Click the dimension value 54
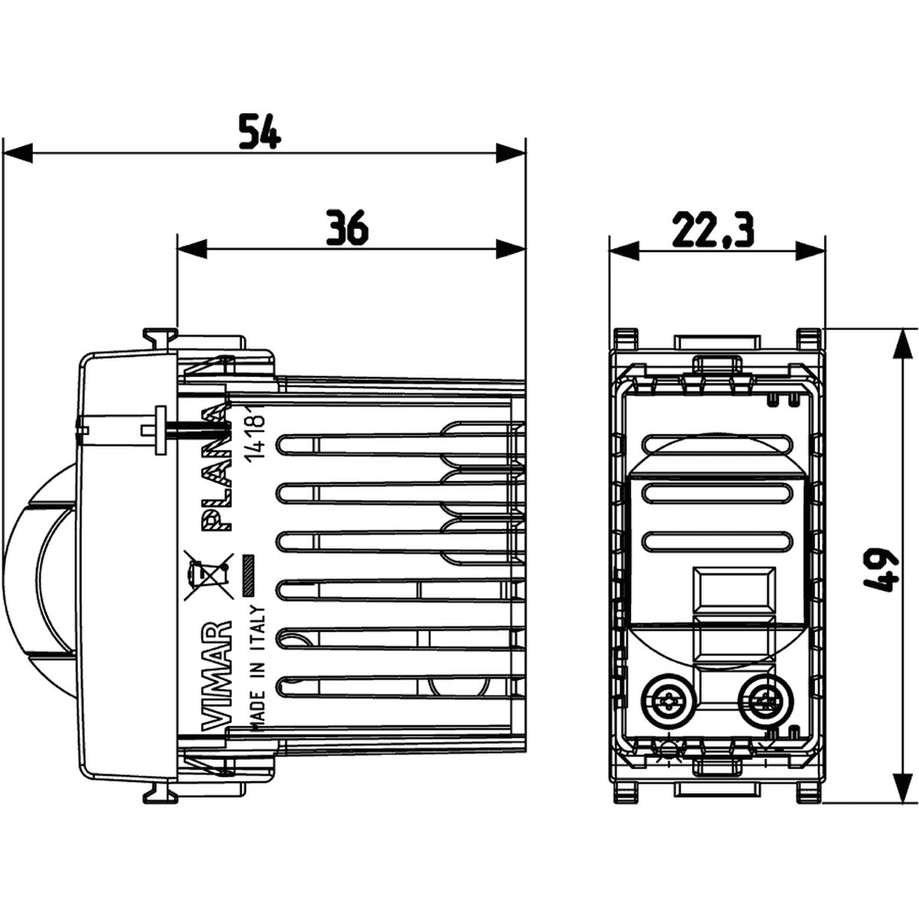(260, 131)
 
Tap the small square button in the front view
(712, 590)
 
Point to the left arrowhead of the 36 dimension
(192, 249)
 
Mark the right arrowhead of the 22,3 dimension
(811, 250)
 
